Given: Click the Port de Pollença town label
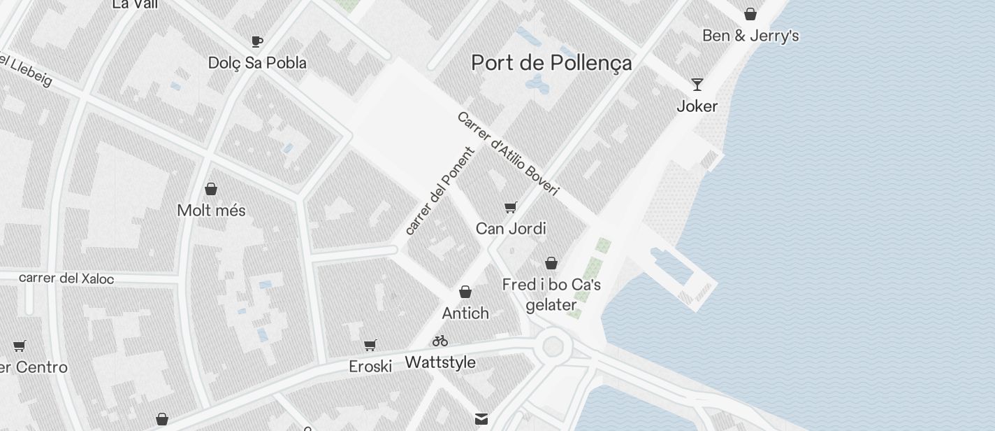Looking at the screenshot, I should [551, 63].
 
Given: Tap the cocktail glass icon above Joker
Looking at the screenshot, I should [697, 85].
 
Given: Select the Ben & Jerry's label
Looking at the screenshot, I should [750, 36].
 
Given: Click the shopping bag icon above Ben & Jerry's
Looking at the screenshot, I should [750, 14].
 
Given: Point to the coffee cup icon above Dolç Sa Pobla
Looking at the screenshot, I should [257, 41].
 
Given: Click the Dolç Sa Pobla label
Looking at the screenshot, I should [257, 63].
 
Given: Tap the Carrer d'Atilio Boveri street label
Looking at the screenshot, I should [508, 154].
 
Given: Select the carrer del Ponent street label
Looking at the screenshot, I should [440, 191].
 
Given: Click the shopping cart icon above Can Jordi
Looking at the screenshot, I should [511, 207].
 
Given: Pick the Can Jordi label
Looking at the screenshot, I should [511, 229].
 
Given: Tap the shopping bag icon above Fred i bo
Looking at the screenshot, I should [551, 263].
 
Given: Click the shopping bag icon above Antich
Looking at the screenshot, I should [465, 292].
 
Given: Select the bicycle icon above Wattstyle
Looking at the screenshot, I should [440, 341].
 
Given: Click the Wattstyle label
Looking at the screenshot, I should [440, 362].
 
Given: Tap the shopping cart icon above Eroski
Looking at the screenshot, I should [370, 345].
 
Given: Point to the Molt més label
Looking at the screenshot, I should [211, 211].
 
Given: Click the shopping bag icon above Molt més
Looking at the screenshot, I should [211, 189].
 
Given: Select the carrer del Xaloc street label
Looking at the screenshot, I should [66, 278].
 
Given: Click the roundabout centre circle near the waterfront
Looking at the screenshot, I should [553, 346].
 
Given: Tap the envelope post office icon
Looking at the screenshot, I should [481, 418].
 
